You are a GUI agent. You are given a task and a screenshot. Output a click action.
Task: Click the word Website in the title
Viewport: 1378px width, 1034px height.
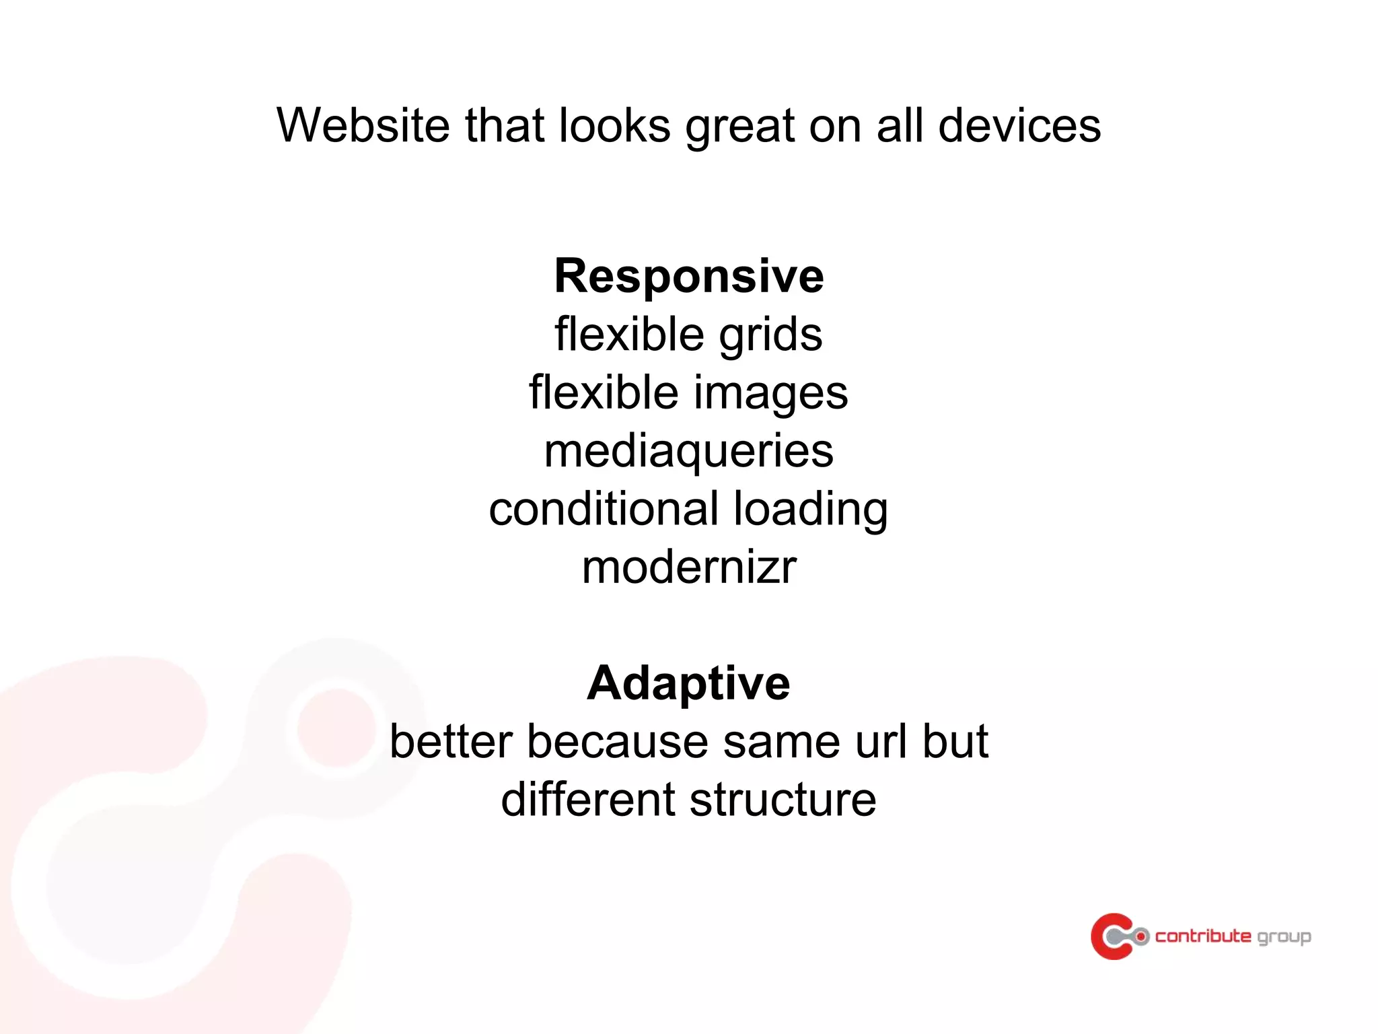363,126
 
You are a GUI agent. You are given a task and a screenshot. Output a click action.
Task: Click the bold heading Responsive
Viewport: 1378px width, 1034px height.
688,277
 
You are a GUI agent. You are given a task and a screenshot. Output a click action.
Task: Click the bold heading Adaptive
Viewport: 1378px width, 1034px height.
688,683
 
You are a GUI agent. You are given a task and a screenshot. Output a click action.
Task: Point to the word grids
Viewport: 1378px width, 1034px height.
770,335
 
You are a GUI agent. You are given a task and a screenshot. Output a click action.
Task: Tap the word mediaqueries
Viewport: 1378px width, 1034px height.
688,452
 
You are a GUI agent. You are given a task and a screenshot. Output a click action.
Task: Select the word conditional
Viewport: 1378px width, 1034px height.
604,509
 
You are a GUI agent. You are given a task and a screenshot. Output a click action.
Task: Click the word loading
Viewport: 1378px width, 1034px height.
810,510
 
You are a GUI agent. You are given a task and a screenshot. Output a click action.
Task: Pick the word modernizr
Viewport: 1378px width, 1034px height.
688,567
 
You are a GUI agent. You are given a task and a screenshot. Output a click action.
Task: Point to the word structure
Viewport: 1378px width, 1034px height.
783,800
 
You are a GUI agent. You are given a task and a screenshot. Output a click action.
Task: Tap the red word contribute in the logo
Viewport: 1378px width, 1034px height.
1203,936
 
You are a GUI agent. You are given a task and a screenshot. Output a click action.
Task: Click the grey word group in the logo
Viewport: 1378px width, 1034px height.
1284,937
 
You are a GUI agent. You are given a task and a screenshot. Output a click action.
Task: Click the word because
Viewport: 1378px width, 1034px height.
617,742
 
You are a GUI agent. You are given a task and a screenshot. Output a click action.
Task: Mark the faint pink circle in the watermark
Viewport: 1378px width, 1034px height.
334,728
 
